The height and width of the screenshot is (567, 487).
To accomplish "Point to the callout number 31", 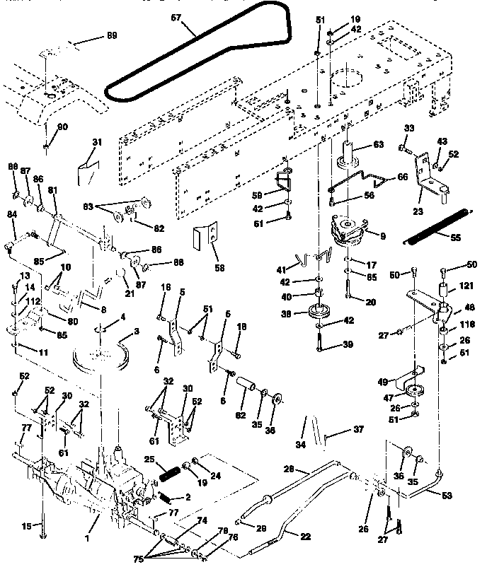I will pos(97,142).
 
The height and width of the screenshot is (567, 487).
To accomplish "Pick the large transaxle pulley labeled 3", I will pos(106,354).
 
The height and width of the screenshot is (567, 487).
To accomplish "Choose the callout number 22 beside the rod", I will pos(305,536).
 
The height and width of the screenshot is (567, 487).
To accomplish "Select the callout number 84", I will pos(11,215).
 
